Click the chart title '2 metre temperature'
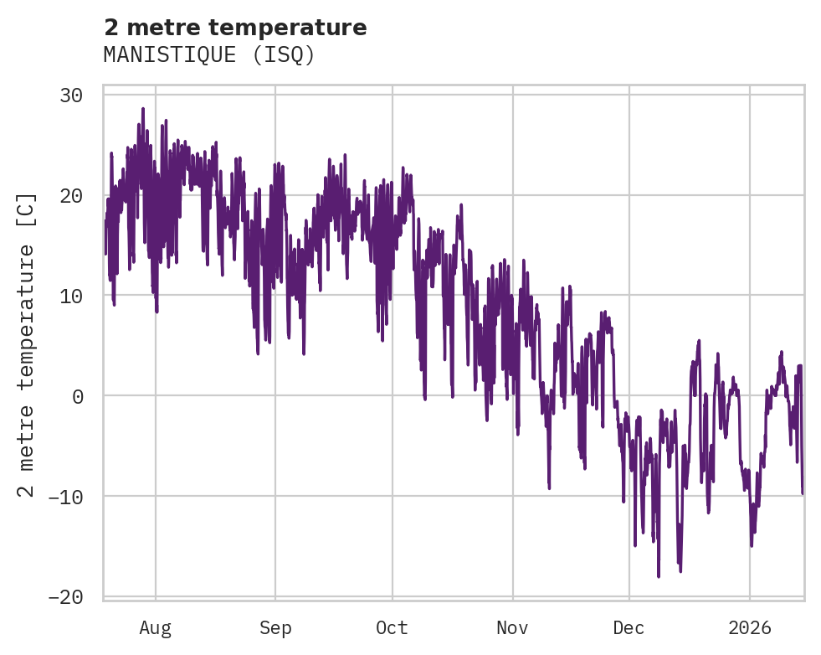pyautogui.click(x=235, y=28)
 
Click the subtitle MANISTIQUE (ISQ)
pyautogui.click(x=209, y=55)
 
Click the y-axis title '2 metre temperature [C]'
pyautogui.click(x=27, y=344)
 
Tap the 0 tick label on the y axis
pyautogui.click(x=77, y=396)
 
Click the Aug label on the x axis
pyautogui.click(x=155, y=628)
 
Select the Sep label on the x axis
pyautogui.click(x=275, y=628)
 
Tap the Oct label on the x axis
pyautogui.click(x=392, y=628)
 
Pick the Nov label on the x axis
pyautogui.click(x=512, y=628)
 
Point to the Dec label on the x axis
pyautogui.click(x=629, y=628)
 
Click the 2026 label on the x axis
pyautogui.click(x=750, y=628)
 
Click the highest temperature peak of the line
pyautogui.click(x=143, y=108)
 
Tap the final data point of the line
pyautogui.click(x=802, y=493)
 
